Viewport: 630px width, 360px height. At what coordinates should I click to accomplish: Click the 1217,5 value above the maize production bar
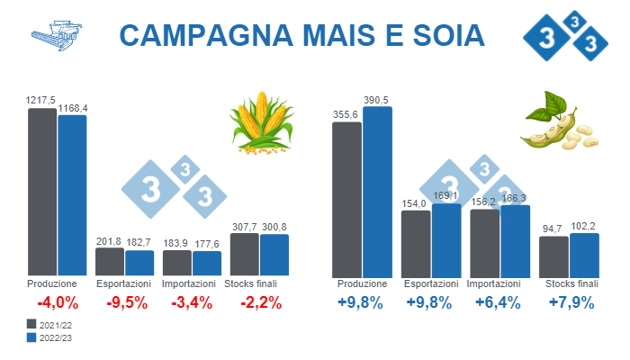[41, 100]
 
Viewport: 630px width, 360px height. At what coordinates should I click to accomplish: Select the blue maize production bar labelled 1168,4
[72, 194]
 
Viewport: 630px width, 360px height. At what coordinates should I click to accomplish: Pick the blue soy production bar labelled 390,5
[377, 191]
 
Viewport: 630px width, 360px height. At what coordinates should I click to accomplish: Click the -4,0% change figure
[57, 302]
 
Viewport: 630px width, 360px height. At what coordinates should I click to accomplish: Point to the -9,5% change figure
[126, 302]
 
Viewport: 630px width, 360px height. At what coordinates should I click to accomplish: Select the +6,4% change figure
[498, 302]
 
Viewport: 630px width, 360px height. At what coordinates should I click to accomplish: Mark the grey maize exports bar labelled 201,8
[110, 261]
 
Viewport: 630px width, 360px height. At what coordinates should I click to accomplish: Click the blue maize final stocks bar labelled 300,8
[274, 255]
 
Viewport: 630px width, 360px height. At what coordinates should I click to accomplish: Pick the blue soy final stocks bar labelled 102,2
[583, 256]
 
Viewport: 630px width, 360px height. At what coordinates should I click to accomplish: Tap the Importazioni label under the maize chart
[193, 283]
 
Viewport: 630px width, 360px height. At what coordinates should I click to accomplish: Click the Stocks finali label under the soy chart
[571, 283]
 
